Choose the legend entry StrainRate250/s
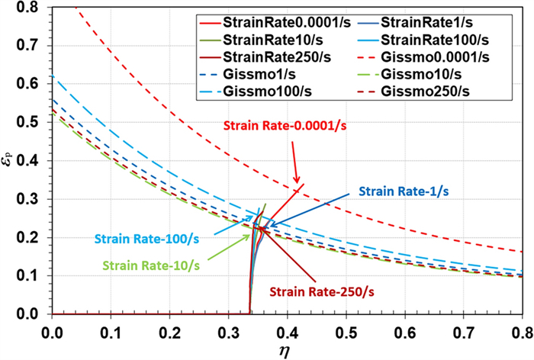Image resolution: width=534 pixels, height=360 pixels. pyautogui.click(x=260, y=56)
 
